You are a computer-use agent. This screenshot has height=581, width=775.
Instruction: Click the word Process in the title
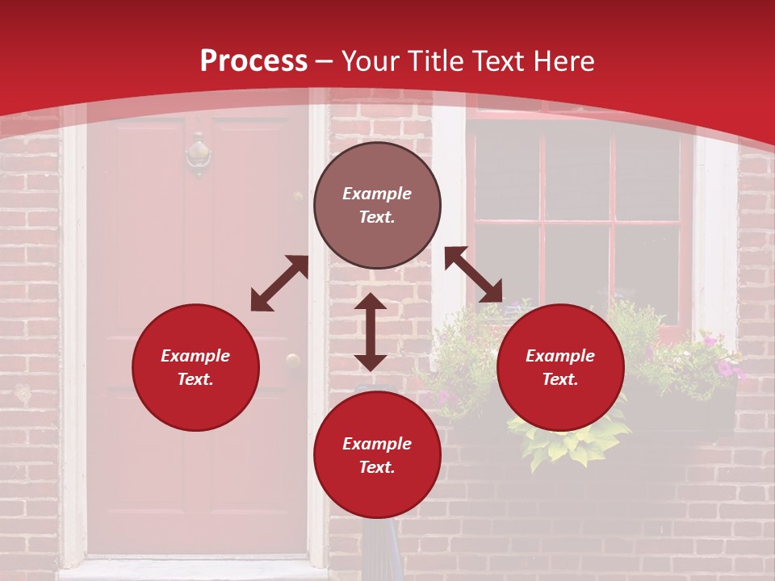(253, 61)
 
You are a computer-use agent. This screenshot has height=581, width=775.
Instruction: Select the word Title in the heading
(435, 61)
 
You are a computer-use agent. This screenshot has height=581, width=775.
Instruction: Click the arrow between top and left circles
(279, 283)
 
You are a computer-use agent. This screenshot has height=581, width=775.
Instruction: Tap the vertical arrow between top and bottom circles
(371, 332)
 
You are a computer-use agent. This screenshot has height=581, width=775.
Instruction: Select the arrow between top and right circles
(473, 274)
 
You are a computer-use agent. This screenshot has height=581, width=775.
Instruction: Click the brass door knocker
(198, 154)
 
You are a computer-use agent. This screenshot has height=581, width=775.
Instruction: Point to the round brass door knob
(292, 361)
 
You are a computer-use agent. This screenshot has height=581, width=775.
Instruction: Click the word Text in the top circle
(377, 217)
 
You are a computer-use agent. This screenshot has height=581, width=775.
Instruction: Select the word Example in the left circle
(195, 356)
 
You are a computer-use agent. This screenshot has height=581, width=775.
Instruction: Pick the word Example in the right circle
(560, 356)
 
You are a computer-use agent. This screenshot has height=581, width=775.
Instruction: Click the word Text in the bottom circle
(377, 467)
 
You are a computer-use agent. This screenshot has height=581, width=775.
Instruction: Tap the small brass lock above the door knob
(298, 197)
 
